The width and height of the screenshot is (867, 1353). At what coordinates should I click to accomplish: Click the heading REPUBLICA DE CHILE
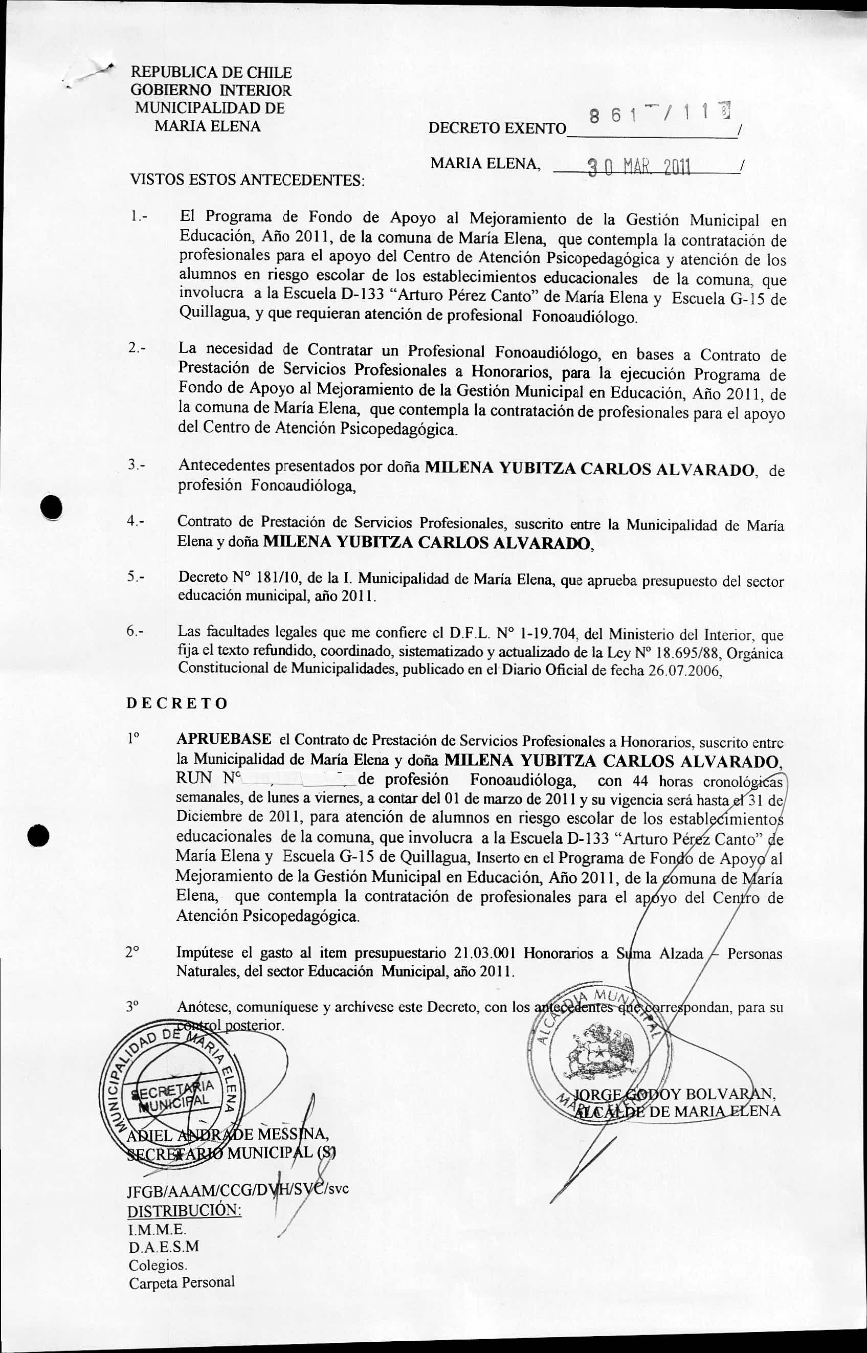[x=211, y=73]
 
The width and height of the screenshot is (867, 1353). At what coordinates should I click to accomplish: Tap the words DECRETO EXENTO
[x=497, y=128]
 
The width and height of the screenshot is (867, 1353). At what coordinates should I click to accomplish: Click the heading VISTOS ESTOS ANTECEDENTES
[x=248, y=181]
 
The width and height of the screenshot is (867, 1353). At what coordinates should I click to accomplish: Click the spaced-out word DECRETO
[x=177, y=704]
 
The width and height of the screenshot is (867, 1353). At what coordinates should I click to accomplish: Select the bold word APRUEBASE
[x=224, y=739]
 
